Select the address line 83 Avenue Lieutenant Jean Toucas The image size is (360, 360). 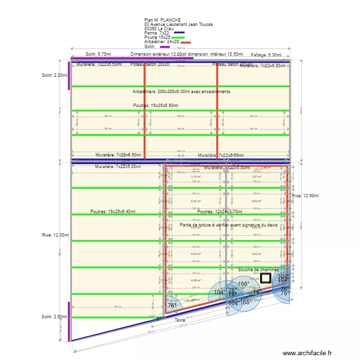[178, 24]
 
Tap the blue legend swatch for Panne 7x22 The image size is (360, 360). [179, 33]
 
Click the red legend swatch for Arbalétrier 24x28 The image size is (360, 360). [185, 42]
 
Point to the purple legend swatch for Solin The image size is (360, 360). [164, 47]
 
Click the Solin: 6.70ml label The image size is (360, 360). [98, 55]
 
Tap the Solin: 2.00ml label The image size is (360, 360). [55, 75]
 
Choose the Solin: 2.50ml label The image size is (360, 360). [55, 316]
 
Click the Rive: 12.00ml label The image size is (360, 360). [55, 235]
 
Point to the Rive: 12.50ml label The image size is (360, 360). [305, 196]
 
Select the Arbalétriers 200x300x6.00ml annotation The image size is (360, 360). [181, 91]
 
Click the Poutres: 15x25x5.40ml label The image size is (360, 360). [113, 211]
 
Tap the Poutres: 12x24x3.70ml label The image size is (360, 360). [219, 211]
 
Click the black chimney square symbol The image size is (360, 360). [266, 278]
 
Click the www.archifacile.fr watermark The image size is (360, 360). [307, 353]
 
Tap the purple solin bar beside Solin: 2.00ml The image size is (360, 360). [71, 75]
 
